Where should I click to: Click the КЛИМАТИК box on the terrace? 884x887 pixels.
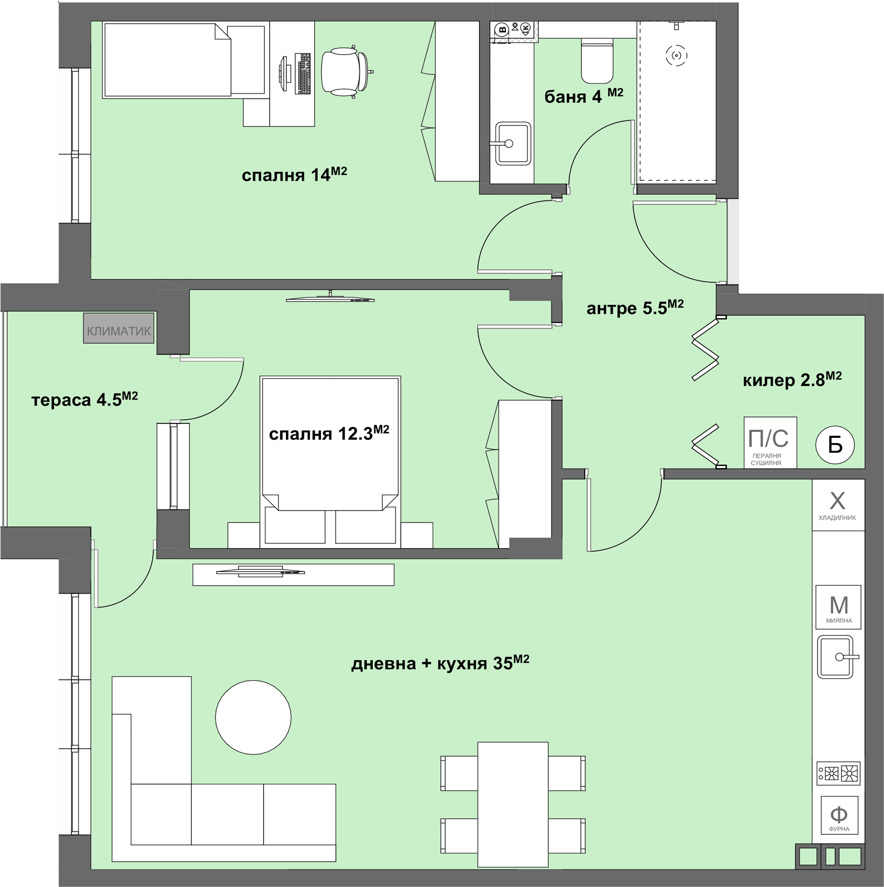pos(118,328)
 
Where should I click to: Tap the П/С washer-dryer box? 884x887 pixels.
pos(770,442)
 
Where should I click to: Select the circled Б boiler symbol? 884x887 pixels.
pos(835,445)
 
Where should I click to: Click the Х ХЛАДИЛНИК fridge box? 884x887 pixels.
pos(838,505)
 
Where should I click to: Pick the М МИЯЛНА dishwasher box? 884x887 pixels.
pos(839,607)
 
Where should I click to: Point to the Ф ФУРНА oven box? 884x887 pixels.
pos(839,815)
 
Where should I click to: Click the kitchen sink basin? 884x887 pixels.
pos(835,657)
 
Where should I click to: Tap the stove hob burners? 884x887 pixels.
pos(839,773)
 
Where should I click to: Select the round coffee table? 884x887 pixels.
pos(253,717)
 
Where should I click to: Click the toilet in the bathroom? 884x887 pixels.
pos(597,60)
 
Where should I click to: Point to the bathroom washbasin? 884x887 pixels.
pos(512,143)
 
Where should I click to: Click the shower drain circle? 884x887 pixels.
pos(676,55)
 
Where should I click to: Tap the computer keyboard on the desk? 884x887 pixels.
pos(304,73)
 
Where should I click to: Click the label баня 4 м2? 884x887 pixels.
pos(584,96)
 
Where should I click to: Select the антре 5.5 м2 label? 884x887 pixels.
pos(635,308)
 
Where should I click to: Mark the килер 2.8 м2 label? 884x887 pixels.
pos(792,379)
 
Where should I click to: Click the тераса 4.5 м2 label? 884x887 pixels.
pos(85,399)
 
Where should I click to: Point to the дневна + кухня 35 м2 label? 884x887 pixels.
pos(440,662)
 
